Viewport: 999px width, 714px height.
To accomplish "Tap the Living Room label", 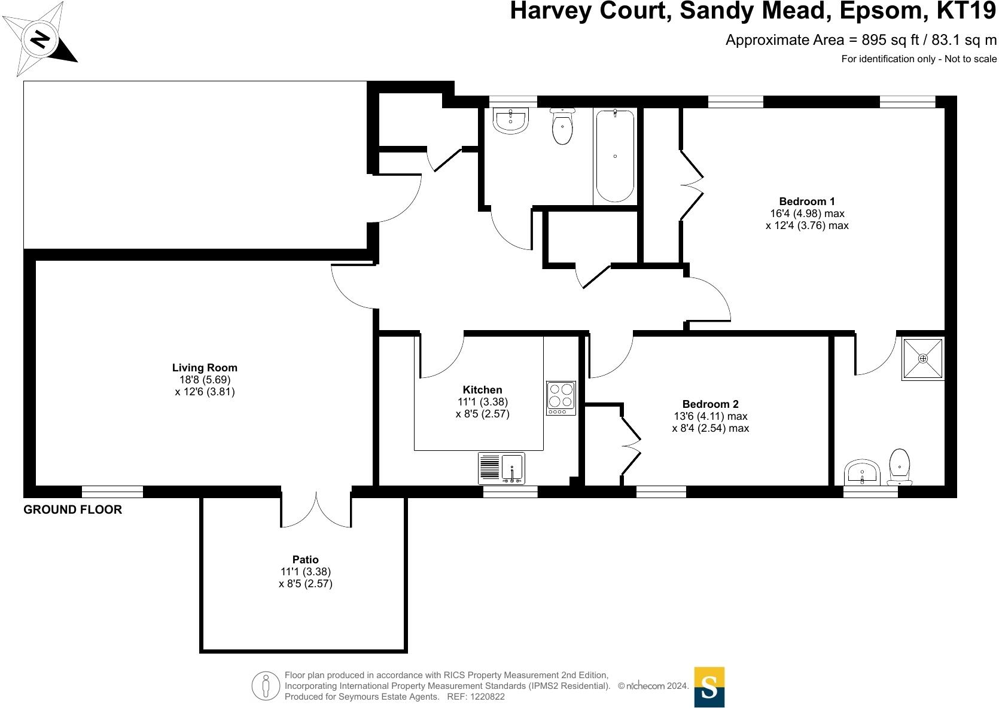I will tap(205, 368).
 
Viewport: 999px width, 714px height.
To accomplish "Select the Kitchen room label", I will tap(482, 390).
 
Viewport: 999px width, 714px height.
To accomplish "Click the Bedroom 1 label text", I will tap(807, 202).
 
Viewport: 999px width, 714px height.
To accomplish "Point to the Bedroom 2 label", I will tap(710, 404).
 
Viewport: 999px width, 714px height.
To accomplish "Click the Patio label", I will tap(305, 560).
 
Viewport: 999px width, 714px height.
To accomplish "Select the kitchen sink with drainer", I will tap(501, 468).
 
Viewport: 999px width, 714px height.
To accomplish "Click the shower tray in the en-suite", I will tap(922, 359).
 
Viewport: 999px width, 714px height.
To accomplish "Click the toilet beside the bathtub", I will tap(562, 126).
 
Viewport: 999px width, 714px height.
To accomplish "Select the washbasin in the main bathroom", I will tap(510, 120).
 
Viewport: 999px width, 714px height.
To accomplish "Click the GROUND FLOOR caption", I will tap(72, 509).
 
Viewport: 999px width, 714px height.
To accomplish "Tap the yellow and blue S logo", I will tap(709, 686).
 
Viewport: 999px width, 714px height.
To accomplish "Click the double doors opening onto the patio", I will tap(316, 509).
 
